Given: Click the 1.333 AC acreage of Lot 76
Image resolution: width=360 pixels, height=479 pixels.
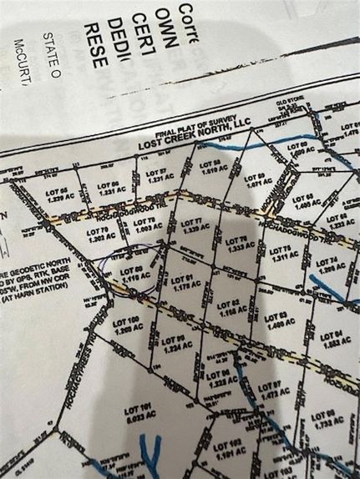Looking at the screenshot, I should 239,248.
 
